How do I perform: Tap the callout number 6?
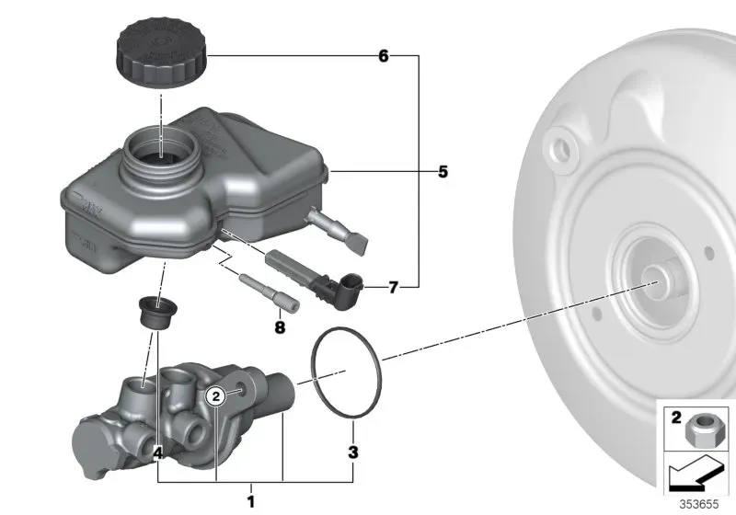tap(384, 56)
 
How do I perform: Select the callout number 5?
tap(443, 172)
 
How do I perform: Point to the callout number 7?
tap(394, 287)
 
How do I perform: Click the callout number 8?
tap(280, 327)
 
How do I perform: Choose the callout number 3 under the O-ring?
tap(353, 452)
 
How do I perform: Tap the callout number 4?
tap(158, 452)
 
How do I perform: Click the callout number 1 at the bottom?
tap(251, 501)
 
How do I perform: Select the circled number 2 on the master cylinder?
tap(216, 396)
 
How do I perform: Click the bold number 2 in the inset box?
tap(676, 418)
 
